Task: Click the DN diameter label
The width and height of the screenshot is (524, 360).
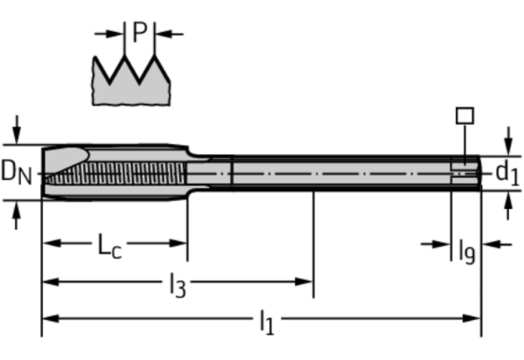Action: (17, 171)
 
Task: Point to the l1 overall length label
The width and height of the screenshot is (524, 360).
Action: (266, 321)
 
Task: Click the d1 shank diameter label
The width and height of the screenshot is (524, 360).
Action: (507, 172)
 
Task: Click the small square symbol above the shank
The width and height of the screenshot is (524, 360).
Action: (464, 116)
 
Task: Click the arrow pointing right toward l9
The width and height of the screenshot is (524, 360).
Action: (440, 245)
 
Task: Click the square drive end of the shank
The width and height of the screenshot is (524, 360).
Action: (466, 172)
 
